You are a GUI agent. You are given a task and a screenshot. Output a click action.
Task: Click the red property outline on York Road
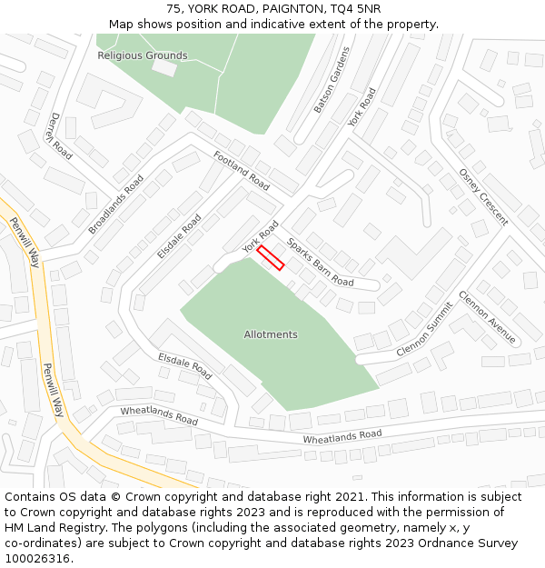[271, 257]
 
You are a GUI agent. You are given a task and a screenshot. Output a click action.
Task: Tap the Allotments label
[271, 334]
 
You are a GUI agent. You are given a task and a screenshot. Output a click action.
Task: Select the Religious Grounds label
[143, 55]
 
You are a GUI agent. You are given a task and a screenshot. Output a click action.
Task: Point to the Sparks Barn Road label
[320, 262]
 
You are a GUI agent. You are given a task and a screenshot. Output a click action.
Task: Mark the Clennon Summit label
[424, 329]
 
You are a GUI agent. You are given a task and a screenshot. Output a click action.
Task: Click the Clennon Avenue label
[487, 317]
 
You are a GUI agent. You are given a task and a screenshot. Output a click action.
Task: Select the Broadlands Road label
[116, 204]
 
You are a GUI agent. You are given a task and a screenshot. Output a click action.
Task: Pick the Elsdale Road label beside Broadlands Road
[179, 236]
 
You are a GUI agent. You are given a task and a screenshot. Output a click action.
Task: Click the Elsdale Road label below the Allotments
[184, 365]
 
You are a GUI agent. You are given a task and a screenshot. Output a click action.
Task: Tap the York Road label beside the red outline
[260, 236]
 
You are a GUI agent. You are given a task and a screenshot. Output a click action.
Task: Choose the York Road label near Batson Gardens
[362, 107]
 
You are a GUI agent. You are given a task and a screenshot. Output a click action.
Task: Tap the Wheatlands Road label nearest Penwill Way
[159, 416]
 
